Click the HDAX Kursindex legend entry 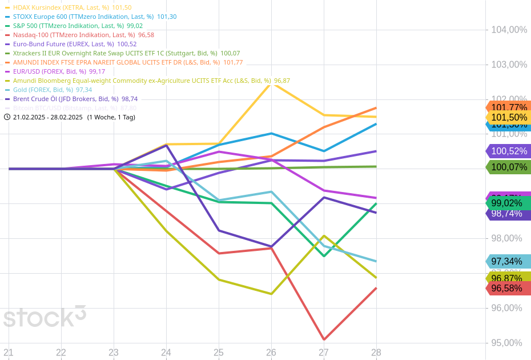(69, 7)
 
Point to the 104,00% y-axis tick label (509, 30)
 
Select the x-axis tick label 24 (166, 353)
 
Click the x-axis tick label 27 (324, 353)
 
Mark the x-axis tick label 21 (9, 353)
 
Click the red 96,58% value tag (507, 289)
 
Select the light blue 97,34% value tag (507, 262)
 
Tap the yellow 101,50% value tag (508, 117)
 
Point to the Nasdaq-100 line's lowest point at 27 (324, 339)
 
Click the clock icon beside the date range (7, 117)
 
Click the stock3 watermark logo (45, 317)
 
